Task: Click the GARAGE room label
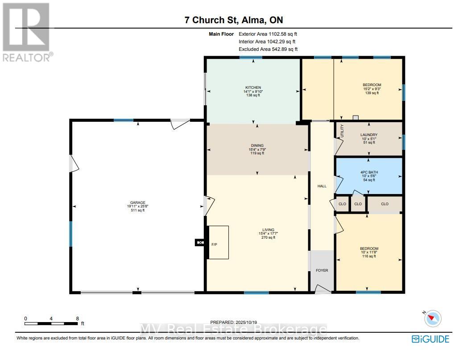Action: click(137, 203)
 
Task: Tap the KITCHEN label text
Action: click(253, 87)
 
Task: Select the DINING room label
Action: click(257, 145)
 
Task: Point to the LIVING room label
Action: click(269, 230)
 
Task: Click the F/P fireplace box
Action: click(219, 242)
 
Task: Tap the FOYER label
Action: click(322, 270)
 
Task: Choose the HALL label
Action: click(322, 186)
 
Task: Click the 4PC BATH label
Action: click(369, 172)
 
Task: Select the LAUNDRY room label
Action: click(369, 135)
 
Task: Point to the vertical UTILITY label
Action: click(342, 131)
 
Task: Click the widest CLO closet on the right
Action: click(385, 204)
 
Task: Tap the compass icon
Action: click(433, 319)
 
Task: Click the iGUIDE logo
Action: click(430, 339)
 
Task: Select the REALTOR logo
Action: click(27, 32)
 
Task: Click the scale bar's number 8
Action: click(78, 319)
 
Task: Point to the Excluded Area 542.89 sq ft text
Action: click(268, 49)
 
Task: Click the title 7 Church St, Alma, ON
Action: click(234, 20)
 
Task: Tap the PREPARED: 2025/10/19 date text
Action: click(234, 322)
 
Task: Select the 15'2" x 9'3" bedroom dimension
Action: click(372, 89)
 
